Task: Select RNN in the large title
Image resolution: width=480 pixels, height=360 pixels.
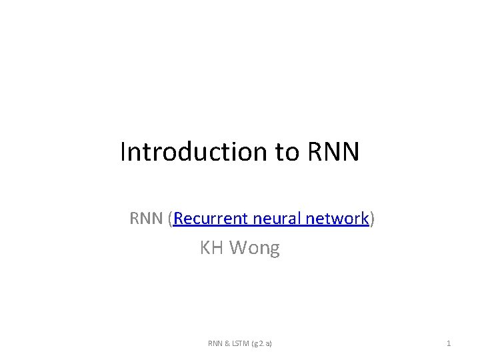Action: point(334,152)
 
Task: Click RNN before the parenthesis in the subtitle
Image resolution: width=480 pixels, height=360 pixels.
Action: point(146,219)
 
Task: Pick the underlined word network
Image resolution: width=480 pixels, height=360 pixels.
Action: point(336,219)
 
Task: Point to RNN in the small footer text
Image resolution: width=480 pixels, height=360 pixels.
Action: point(215,343)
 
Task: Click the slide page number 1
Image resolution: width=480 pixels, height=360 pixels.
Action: point(449,343)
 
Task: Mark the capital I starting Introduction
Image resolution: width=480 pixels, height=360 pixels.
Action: point(123,152)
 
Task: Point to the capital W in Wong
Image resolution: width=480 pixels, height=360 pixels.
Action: point(237,249)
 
